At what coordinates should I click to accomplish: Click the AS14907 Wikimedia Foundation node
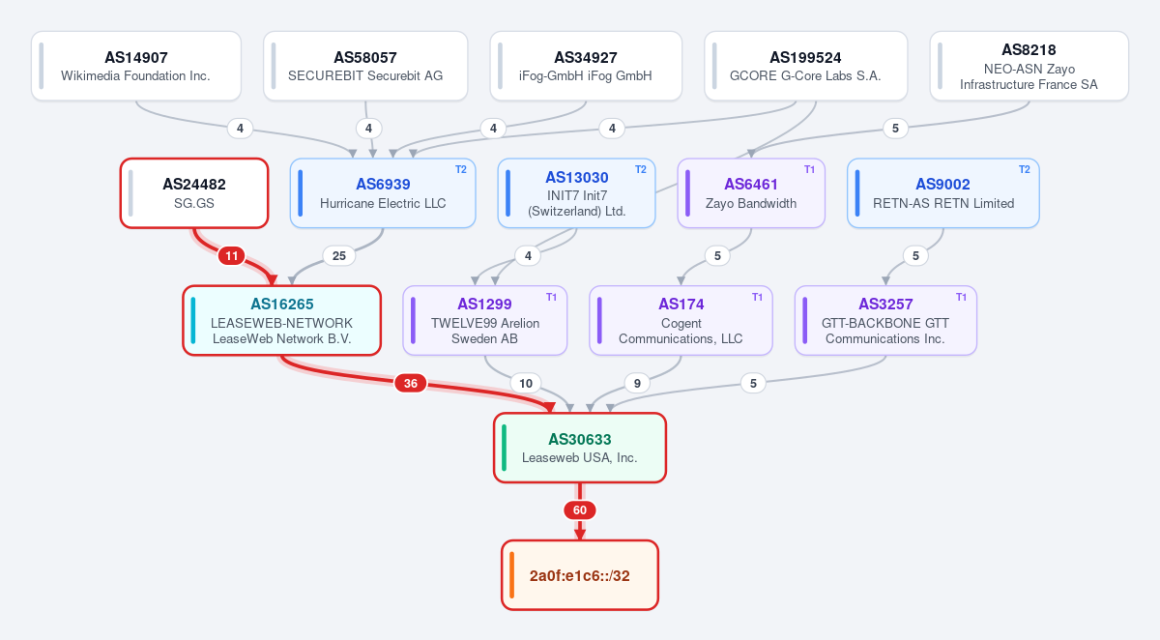pos(136,66)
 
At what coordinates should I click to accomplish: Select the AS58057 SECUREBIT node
pos(365,66)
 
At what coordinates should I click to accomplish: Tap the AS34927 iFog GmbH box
pos(586,66)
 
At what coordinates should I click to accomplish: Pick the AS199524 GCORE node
pos(806,66)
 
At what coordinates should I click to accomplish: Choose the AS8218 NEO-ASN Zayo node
pos(1029,66)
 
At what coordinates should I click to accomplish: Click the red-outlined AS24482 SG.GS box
pos(194,193)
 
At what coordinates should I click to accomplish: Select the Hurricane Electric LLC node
pos(383,193)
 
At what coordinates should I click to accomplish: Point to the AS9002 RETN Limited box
pos(943,193)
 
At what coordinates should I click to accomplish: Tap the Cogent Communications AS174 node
pos(681,321)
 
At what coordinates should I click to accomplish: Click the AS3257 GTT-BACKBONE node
pos(885,321)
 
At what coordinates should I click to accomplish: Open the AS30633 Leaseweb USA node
pos(580,448)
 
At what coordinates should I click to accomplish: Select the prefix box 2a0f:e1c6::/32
pos(580,575)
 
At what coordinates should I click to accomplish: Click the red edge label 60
pos(580,510)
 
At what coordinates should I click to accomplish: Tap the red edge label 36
pos(411,383)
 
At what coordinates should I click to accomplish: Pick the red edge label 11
pos(231,256)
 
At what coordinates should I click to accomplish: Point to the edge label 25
pos(339,256)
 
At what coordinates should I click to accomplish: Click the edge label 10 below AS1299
pos(526,383)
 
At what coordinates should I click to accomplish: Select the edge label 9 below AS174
pos(637,383)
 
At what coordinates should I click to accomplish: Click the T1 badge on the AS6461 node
pos(809,170)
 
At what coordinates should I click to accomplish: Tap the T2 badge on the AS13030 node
pos(641,170)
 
